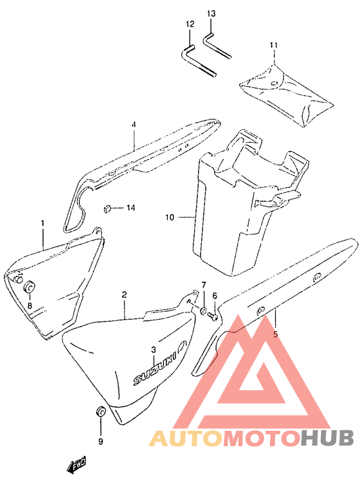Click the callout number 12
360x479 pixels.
tap(190, 24)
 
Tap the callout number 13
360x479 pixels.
tap(211, 14)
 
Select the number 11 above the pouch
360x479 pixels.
tap(274, 45)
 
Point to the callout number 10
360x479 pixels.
tap(170, 217)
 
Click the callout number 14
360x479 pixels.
tap(130, 208)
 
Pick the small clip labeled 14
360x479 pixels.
tap(107, 209)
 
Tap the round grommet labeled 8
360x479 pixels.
tap(30, 287)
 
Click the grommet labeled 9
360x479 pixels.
tap(101, 411)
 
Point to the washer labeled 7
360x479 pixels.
tap(203, 311)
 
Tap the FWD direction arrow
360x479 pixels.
tap(76, 465)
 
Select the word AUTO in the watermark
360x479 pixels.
tap(186, 438)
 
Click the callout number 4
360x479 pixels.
tap(134, 125)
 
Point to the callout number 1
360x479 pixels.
tap(42, 223)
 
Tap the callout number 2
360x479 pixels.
tap(124, 294)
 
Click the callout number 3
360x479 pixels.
tap(153, 350)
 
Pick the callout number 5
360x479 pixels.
tap(275, 334)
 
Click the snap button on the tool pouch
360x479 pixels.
tap(274, 83)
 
